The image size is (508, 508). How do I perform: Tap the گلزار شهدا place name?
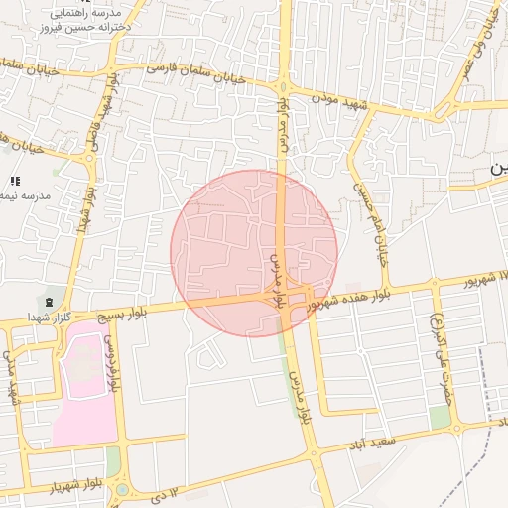coord(49,317)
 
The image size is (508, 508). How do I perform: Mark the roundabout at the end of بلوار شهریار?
coord(123,489)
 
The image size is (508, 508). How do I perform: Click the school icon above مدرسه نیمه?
coord(15,180)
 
